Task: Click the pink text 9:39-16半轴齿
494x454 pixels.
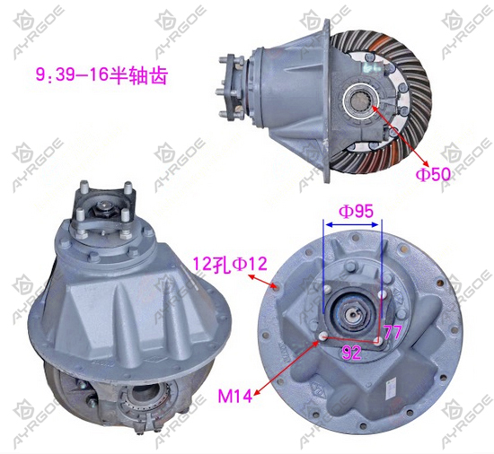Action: pyautogui.click(x=101, y=75)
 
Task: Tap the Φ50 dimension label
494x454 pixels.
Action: pyautogui.click(x=433, y=174)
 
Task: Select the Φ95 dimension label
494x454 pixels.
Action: pyautogui.click(x=357, y=212)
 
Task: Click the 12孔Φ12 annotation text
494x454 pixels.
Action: pyautogui.click(x=230, y=264)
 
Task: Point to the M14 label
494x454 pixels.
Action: pyautogui.click(x=235, y=396)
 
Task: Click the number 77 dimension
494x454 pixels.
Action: pyautogui.click(x=393, y=332)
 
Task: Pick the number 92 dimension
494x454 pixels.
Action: pyautogui.click(x=351, y=353)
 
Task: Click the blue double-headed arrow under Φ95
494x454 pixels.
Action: pyautogui.click(x=352, y=224)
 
